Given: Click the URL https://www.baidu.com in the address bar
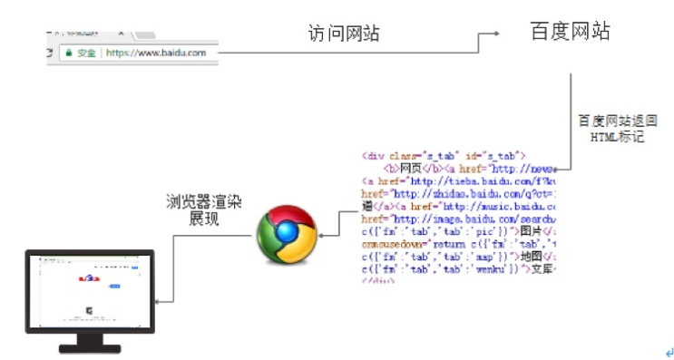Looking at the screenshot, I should [x=155, y=54].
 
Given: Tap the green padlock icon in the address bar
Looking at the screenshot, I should [x=68, y=54].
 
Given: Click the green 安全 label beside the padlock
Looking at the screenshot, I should [x=86, y=54].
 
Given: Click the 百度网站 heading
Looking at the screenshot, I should [x=570, y=32].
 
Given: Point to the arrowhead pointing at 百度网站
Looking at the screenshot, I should [x=496, y=34].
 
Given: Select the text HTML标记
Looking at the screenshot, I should [x=617, y=137].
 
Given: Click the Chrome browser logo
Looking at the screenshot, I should [x=285, y=234].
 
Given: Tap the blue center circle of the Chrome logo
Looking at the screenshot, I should [x=285, y=234].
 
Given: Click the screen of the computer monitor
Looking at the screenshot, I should [x=88, y=287].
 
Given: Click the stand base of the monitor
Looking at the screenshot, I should [x=89, y=347].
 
